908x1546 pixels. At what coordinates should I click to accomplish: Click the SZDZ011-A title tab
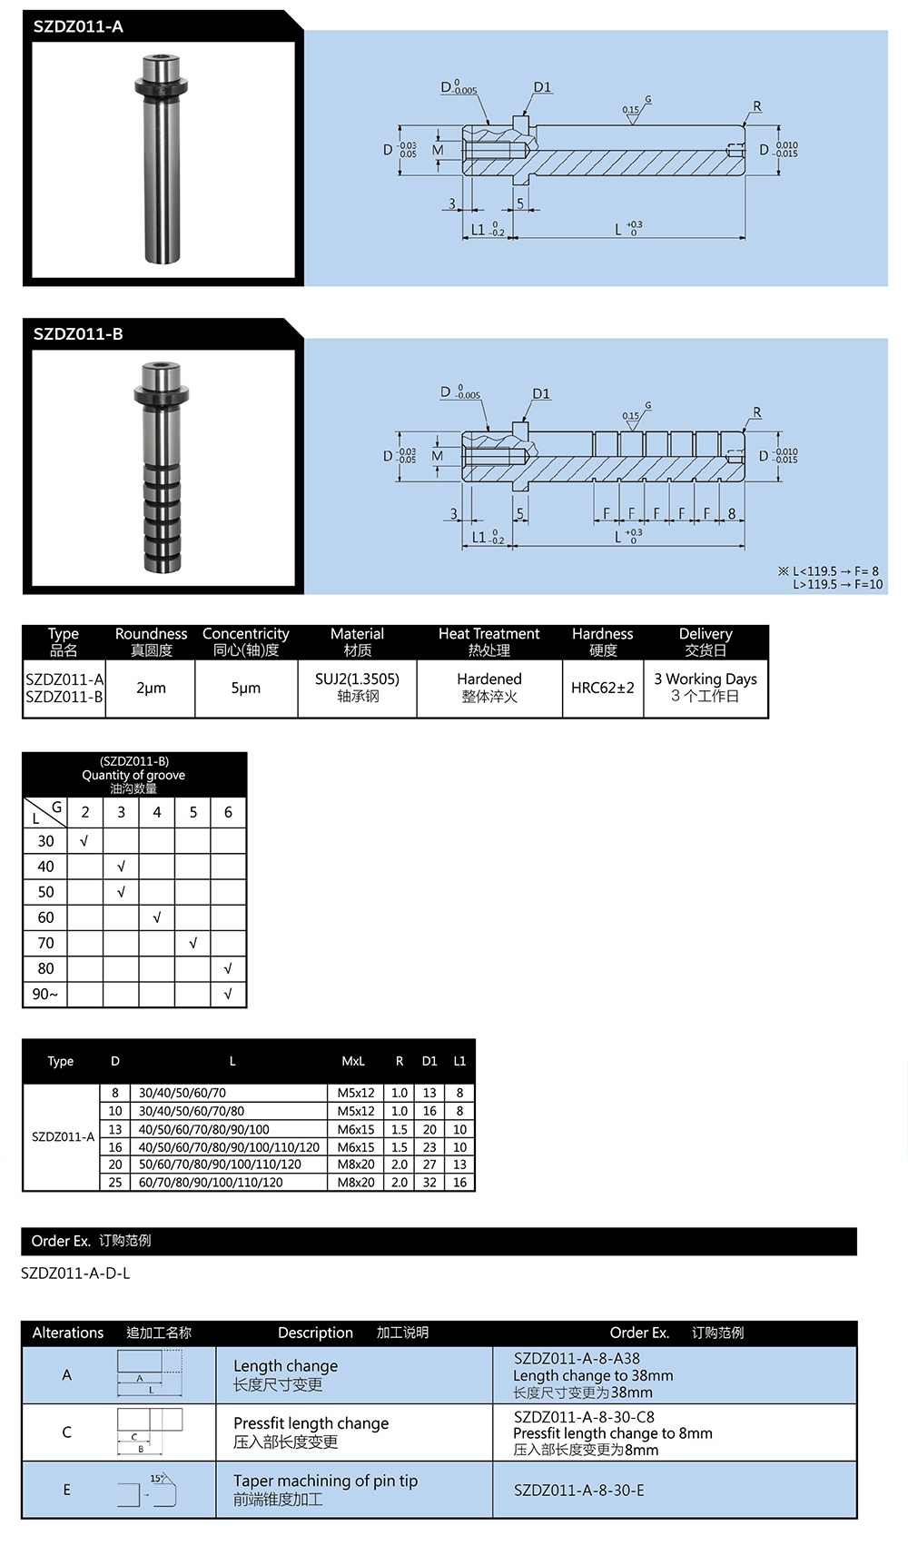(79, 26)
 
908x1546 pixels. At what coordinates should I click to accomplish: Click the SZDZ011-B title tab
(79, 333)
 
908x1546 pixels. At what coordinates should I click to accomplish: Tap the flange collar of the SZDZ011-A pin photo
(161, 87)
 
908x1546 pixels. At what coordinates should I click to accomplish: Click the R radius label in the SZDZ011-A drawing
(757, 106)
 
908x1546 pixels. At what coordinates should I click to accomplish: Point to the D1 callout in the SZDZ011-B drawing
(541, 393)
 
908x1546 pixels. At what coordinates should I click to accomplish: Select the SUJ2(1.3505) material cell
(357, 688)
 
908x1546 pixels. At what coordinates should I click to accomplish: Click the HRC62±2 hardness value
(602, 688)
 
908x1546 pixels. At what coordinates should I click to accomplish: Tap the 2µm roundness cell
(151, 688)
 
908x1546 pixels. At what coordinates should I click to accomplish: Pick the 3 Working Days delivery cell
(706, 688)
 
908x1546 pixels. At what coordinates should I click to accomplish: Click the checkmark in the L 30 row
(84, 841)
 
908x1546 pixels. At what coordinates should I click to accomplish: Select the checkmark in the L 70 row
(192, 943)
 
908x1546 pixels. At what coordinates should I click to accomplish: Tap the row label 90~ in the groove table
(45, 994)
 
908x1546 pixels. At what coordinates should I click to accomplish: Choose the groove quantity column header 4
(157, 812)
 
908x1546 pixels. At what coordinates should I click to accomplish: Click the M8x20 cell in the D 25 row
(356, 1182)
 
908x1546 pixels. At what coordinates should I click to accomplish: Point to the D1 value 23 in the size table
(429, 1147)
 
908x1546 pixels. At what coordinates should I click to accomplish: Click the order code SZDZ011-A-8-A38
(577, 1358)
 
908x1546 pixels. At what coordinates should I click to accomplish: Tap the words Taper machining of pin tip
(325, 1481)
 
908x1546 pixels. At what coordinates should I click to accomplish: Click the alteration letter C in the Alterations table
(66, 1432)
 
